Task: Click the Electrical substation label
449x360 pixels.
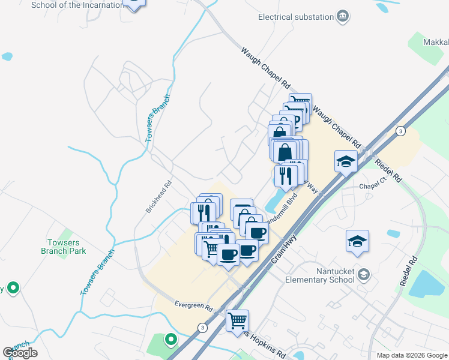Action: click(295, 17)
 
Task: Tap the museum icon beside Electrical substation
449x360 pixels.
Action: click(343, 16)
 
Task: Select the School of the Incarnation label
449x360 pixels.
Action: click(73, 5)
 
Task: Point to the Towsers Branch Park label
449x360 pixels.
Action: click(67, 247)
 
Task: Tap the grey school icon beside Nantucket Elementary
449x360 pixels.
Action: click(363, 275)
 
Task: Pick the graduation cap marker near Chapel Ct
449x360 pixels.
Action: click(346, 161)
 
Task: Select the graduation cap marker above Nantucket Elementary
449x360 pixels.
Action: click(358, 241)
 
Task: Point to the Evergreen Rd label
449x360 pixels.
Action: click(194, 306)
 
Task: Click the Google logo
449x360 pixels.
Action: click(20, 353)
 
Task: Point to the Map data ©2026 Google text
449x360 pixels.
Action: click(411, 355)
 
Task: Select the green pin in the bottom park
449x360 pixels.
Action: click(171, 340)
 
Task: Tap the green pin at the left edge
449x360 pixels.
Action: click(11, 288)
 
